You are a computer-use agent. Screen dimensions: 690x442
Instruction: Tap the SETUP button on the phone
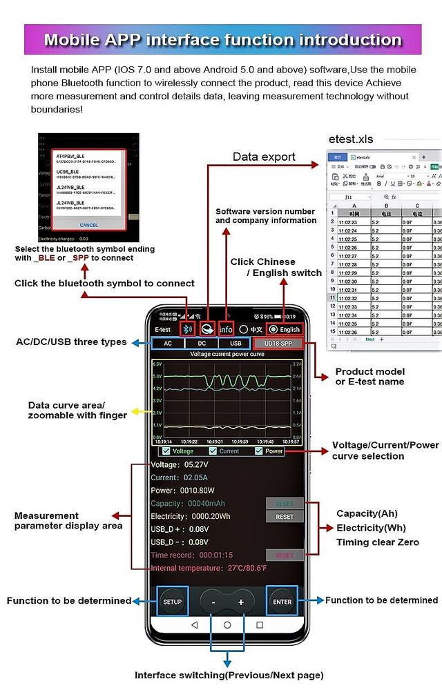pyautogui.click(x=172, y=602)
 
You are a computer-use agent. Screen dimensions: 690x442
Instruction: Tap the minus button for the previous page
pyautogui.click(x=214, y=602)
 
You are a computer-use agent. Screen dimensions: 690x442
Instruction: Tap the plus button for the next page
pyautogui.click(x=241, y=602)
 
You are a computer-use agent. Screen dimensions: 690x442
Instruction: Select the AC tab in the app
pyautogui.click(x=168, y=343)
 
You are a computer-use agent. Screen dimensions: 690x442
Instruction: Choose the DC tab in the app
pyautogui.click(x=202, y=343)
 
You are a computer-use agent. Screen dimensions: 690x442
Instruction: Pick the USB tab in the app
pyautogui.click(x=236, y=343)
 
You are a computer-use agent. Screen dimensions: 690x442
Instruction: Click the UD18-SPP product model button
pyautogui.click(x=278, y=343)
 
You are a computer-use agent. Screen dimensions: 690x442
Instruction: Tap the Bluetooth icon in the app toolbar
pyautogui.click(x=187, y=328)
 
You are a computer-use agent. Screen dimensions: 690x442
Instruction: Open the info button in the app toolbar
pyautogui.click(x=226, y=328)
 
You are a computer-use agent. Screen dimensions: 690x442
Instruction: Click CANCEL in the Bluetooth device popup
pyautogui.click(x=89, y=225)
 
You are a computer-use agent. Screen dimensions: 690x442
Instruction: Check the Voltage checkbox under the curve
pyautogui.click(x=166, y=451)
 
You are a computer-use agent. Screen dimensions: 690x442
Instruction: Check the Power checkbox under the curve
pyautogui.click(x=260, y=451)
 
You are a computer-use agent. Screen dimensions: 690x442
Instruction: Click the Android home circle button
pyautogui.click(x=227, y=624)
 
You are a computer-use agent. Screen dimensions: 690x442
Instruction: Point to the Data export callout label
pyautogui.click(x=264, y=157)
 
